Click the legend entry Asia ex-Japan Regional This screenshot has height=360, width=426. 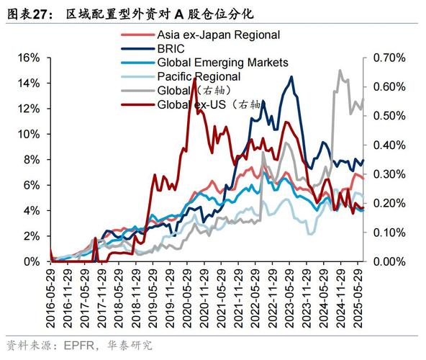point(218,35)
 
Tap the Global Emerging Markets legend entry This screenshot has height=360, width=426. point(222,63)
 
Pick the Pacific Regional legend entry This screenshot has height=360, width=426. point(199,76)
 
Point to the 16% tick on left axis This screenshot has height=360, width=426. point(30,58)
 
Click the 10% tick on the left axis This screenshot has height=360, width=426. point(30,134)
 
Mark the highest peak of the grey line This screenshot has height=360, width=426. point(340,71)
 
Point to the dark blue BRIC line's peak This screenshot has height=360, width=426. point(291,77)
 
